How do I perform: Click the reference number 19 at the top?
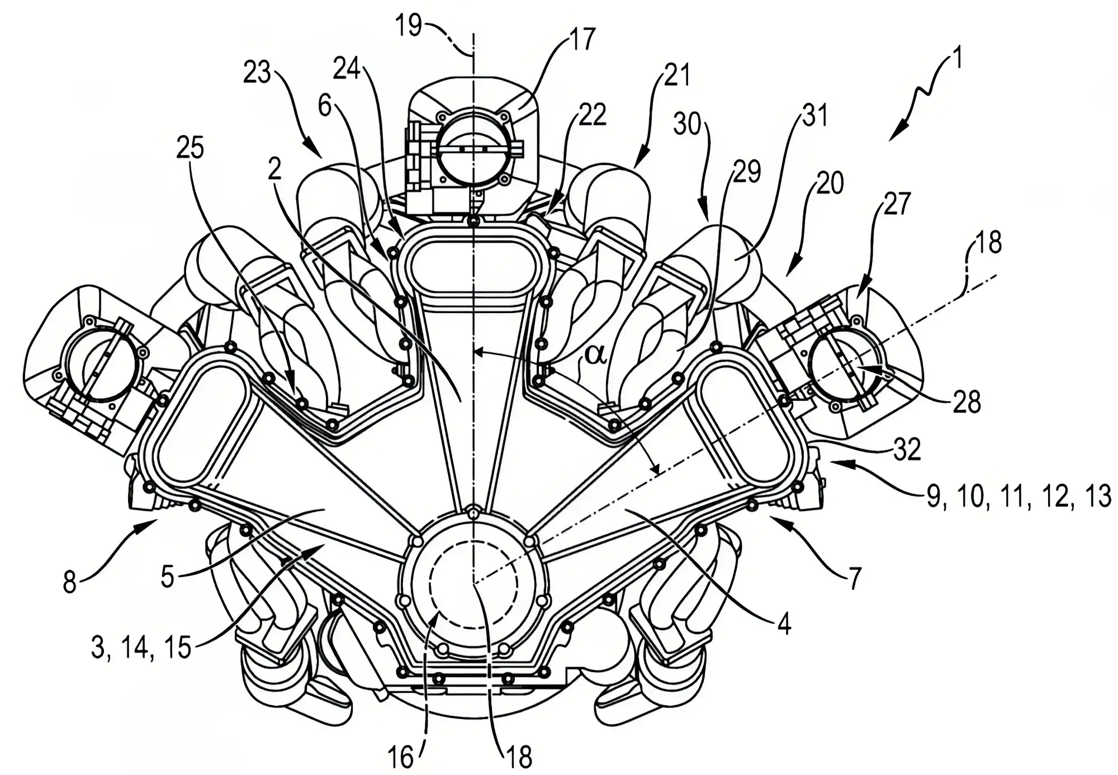pyautogui.click(x=409, y=26)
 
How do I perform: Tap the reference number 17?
pyautogui.click(x=582, y=40)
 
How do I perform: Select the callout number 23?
pyautogui.click(x=257, y=73)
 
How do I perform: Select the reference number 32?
pyautogui.click(x=906, y=450)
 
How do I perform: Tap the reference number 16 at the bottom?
pyautogui.click(x=401, y=758)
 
